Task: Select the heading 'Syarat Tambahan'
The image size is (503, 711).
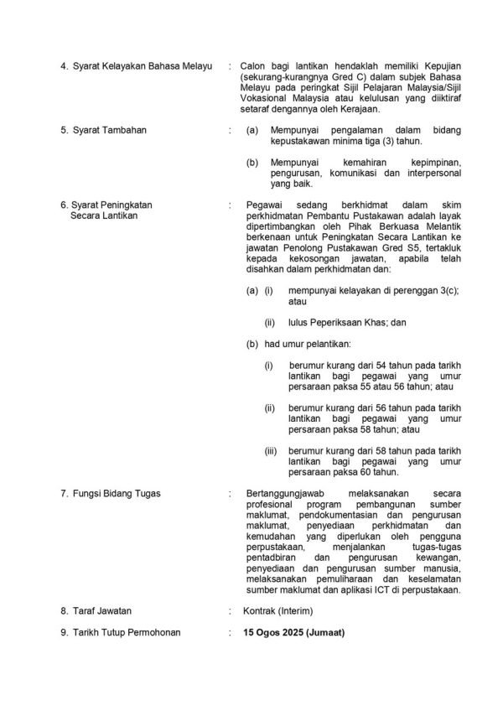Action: [109, 131]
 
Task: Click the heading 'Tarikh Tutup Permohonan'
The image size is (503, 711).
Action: [126, 632]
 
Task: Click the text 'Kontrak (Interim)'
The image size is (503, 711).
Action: [276, 611]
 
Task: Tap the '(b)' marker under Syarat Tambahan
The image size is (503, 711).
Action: [251, 162]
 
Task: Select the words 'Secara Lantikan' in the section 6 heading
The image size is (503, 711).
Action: [105, 215]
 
